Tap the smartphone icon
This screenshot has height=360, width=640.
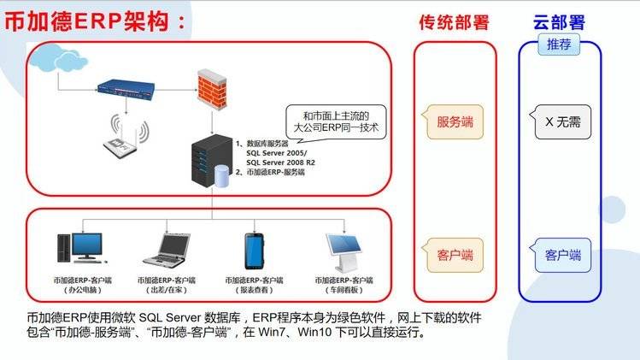(x=254, y=250)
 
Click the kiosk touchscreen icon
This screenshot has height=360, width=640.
(x=344, y=249)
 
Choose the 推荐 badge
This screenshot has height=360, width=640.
(x=560, y=44)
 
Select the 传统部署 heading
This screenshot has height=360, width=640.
(x=455, y=23)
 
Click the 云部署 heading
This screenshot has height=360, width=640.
(x=560, y=23)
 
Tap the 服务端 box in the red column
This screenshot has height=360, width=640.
(x=455, y=121)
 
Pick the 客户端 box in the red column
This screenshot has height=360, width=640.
(x=455, y=254)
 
